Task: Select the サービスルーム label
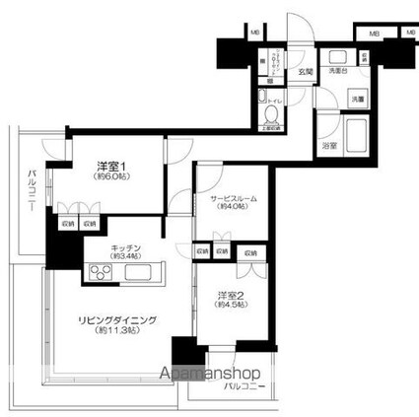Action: pyautogui.click(x=233, y=198)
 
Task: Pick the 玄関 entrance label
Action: pyautogui.click(x=308, y=71)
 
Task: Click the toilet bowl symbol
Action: pyautogui.click(x=270, y=116)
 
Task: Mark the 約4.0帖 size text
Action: pyautogui.click(x=233, y=208)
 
